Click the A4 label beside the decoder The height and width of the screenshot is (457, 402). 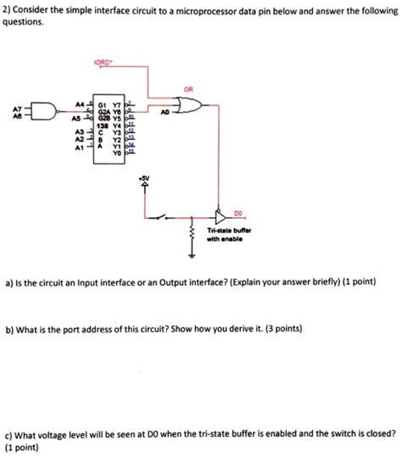click(80, 102)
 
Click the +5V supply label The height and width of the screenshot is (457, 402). click(144, 178)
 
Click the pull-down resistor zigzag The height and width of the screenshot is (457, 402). click(192, 234)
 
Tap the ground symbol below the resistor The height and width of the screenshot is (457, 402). click(192, 254)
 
